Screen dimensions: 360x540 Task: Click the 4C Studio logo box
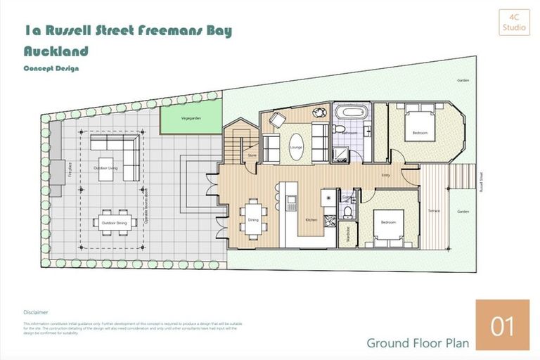click(514, 22)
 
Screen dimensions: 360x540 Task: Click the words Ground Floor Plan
click(417, 343)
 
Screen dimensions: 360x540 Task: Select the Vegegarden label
click(191, 119)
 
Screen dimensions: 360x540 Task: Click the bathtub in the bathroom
click(349, 112)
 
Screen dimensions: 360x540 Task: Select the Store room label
click(251, 155)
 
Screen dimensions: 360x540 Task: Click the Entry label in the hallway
click(385, 175)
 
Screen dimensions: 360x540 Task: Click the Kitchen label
click(311, 220)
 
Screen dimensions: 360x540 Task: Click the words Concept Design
click(51, 68)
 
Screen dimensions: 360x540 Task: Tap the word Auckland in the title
click(56, 51)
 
